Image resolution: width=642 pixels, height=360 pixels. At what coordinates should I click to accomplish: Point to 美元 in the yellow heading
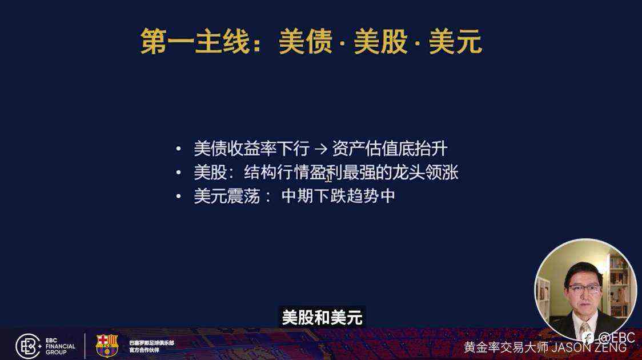455,42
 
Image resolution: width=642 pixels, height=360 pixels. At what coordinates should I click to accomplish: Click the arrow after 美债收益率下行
320,150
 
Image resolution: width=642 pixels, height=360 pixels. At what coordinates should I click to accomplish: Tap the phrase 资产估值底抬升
390,150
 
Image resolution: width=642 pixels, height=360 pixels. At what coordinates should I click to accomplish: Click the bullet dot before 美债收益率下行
179,150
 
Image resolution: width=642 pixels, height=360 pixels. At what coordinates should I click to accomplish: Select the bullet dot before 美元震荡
179,197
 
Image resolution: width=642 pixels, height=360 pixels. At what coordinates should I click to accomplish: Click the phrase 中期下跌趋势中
338,197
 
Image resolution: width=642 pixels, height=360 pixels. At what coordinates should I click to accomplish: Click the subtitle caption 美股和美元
322,318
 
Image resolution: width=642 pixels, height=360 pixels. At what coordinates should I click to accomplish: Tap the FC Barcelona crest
107,346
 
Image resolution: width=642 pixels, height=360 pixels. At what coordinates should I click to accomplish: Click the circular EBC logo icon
27,346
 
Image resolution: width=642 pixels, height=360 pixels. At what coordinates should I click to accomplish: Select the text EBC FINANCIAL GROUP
60,346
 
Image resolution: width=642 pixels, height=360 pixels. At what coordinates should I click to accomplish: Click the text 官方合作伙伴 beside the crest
144,350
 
